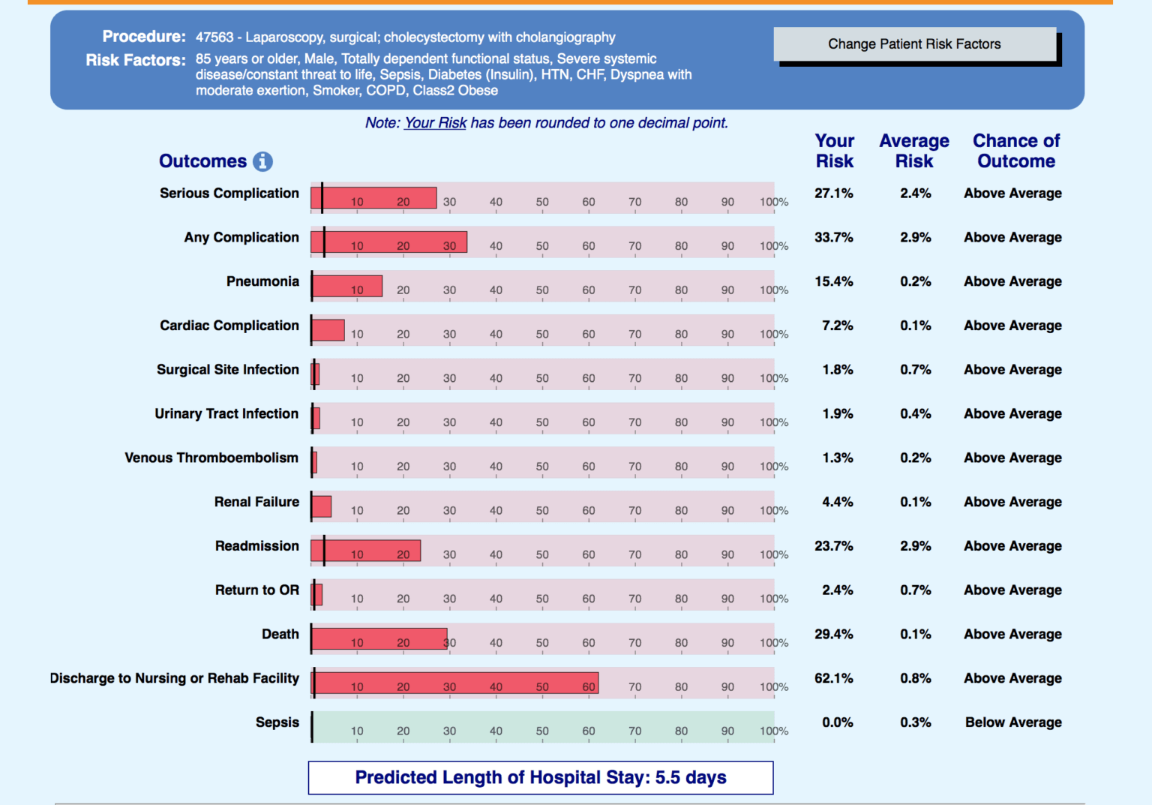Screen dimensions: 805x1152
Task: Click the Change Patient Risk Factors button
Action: [x=914, y=44]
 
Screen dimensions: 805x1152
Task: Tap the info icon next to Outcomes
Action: [x=262, y=161]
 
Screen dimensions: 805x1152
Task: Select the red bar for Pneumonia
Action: [x=347, y=286]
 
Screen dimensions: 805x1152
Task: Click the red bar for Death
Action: [x=379, y=638]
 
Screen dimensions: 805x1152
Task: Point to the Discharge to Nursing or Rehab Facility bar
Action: [x=455, y=683]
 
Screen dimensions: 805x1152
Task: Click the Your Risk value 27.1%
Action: [x=834, y=194]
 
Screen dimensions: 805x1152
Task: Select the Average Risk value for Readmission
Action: [x=915, y=546]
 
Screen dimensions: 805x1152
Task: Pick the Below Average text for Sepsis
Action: [x=1013, y=722]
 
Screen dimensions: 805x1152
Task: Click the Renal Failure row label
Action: [x=256, y=502]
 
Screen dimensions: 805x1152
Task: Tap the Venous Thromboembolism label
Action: [x=211, y=458]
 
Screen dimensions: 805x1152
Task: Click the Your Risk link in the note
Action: [x=435, y=123]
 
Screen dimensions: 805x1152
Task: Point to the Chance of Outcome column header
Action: [x=1016, y=151]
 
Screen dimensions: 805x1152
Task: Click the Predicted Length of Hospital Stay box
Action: [x=541, y=777]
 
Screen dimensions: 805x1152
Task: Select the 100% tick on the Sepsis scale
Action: [x=773, y=731]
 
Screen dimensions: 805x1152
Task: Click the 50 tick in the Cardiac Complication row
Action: [x=542, y=335]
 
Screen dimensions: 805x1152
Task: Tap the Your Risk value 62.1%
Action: [x=834, y=678]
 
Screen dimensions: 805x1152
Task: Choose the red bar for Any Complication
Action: [x=389, y=242]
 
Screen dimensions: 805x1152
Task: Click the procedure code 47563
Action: [x=214, y=38]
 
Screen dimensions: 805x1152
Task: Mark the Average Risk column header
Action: [x=914, y=151]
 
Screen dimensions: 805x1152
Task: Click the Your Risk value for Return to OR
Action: [x=837, y=590]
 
